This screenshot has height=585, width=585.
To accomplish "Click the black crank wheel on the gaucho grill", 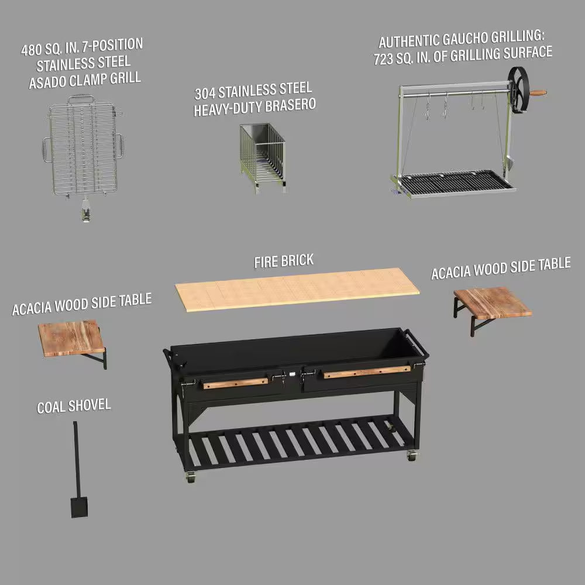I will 518,90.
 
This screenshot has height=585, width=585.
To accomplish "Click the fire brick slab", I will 297,288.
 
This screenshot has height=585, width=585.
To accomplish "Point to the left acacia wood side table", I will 72,338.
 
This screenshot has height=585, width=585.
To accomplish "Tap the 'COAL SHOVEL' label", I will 74,405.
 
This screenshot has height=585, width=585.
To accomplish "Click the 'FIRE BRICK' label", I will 284,260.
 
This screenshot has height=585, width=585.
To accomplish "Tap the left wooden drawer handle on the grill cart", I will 235,383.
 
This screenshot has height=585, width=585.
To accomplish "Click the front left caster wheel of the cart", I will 190,477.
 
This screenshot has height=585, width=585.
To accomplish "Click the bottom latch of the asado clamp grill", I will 86,212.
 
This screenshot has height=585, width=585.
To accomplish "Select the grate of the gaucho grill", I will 453,181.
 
